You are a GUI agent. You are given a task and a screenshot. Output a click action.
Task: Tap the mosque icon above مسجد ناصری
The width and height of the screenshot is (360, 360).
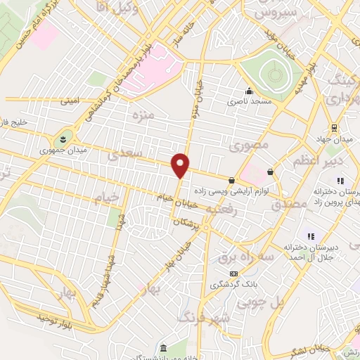248,91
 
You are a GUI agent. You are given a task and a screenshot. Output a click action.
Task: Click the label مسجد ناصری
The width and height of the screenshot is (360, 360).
247,103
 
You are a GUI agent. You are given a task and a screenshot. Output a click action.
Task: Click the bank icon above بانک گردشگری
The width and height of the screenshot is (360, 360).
233,274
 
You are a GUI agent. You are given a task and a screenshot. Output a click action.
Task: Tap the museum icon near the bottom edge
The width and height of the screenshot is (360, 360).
163,348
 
